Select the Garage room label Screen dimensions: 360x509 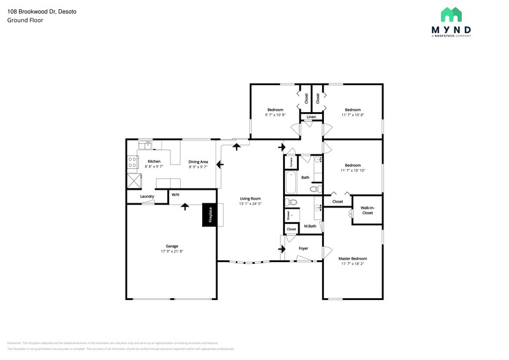coord(172,246)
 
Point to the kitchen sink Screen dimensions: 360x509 coord(146,145)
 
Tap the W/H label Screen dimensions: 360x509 coord(175,195)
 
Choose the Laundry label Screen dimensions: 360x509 coord(147,197)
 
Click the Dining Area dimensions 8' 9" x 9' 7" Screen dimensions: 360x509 coord(198,167)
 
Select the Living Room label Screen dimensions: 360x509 coord(251,198)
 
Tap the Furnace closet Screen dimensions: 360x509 coord(290,162)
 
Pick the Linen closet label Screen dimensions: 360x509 coord(311,116)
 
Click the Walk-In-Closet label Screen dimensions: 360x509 coord(367,210)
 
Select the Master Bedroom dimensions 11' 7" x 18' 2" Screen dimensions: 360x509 coord(352,264)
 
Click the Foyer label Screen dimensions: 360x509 coord(303,249)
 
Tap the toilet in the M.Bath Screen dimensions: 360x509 coord(292,203)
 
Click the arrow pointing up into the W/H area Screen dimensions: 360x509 coord(183,208)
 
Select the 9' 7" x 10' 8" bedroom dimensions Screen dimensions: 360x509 coord(274,114)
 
